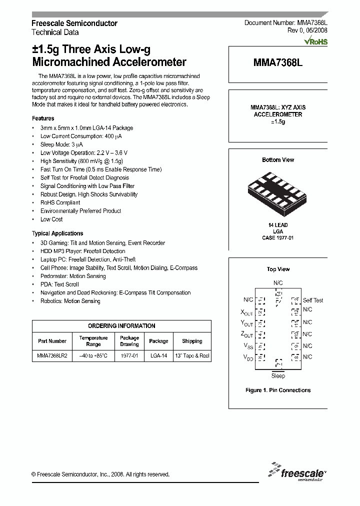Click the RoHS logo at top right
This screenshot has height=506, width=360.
[x=316, y=41]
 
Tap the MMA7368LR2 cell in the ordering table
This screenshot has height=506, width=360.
[x=52, y=355]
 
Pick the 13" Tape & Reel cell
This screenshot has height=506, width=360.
[x=192, y=355]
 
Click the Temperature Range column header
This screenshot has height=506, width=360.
[x=93, y=341]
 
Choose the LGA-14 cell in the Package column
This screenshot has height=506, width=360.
[x=158, y=355]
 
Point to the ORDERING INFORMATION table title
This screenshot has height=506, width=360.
[x=121, y=326]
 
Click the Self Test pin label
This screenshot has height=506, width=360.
[x=313, y=300]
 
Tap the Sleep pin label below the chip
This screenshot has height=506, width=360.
[x=278, y=376]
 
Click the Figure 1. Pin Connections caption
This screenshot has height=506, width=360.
[x=278, y=390]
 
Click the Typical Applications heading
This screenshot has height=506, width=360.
[x=57, y=233]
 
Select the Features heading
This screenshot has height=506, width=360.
[x=43, y=118]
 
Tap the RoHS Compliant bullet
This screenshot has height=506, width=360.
[x=60, y=202]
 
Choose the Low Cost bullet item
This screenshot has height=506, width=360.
[x=51, y=219]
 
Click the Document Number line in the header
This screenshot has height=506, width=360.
[x=285, y=23]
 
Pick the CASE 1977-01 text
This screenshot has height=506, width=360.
[x=278, y=238]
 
